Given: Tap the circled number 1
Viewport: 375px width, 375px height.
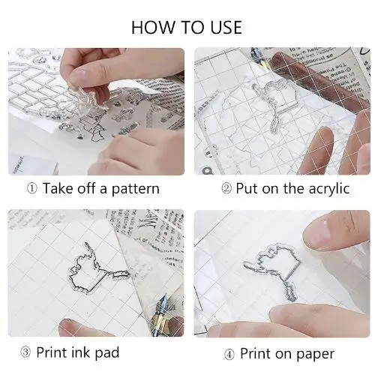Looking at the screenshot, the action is (x=32, y=189).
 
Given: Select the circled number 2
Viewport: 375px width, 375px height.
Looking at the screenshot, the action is (x=226, y=188).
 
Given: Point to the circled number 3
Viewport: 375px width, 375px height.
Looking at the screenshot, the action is (x=25, y=352).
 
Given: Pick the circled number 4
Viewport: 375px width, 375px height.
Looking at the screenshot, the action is (x=229, y=355).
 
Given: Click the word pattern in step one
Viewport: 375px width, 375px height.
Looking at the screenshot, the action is (x=135, y=189).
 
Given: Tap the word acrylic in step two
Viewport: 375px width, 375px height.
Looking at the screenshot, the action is (x=329, y=189).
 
